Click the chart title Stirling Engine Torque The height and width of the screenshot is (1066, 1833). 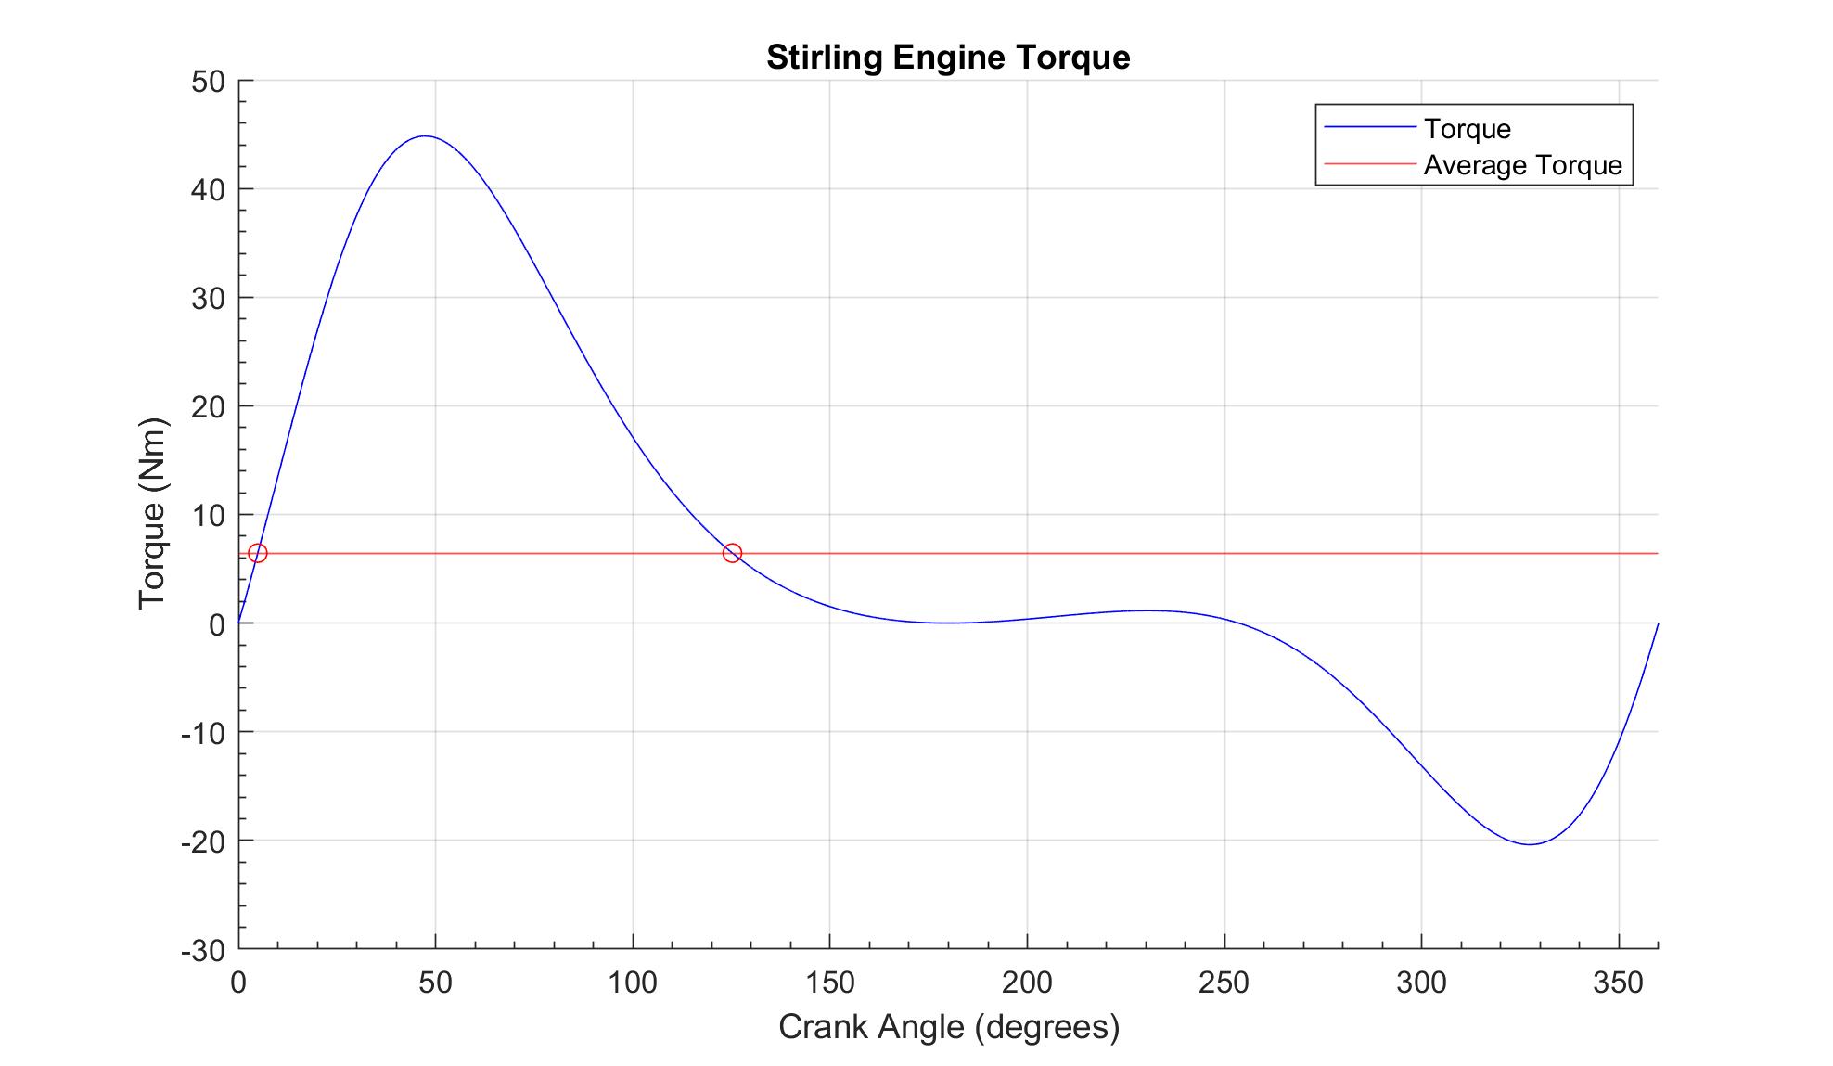[x=948, y=58]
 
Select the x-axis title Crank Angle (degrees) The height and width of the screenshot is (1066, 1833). [x=949, y=1027]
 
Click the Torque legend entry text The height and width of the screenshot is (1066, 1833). [x=1467, y=129]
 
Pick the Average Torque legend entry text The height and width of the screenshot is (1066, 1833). [x=1522, y=165]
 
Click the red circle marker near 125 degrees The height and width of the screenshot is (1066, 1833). [x=732, y=553]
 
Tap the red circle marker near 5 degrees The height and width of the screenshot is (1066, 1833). [x=258, y=553]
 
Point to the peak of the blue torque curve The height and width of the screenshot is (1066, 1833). [x=425, y=136]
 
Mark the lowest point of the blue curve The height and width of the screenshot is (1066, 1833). [x=1529, y=844]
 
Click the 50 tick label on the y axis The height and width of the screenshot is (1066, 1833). [x=209, y=82]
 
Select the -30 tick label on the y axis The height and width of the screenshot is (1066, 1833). [x=204, y=950]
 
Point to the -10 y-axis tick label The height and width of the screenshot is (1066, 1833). [x=204, y=733]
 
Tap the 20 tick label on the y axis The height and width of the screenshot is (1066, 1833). [x=209, y=406]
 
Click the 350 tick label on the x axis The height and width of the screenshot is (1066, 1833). [x=1618, y=983]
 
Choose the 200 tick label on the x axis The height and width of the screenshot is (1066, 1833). [x=1027, y=983]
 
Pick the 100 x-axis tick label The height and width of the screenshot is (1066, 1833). [x=633, y=983]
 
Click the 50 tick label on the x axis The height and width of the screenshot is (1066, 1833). [x=435, y=983]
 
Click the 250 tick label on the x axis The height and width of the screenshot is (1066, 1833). [x=1224, y=983]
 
